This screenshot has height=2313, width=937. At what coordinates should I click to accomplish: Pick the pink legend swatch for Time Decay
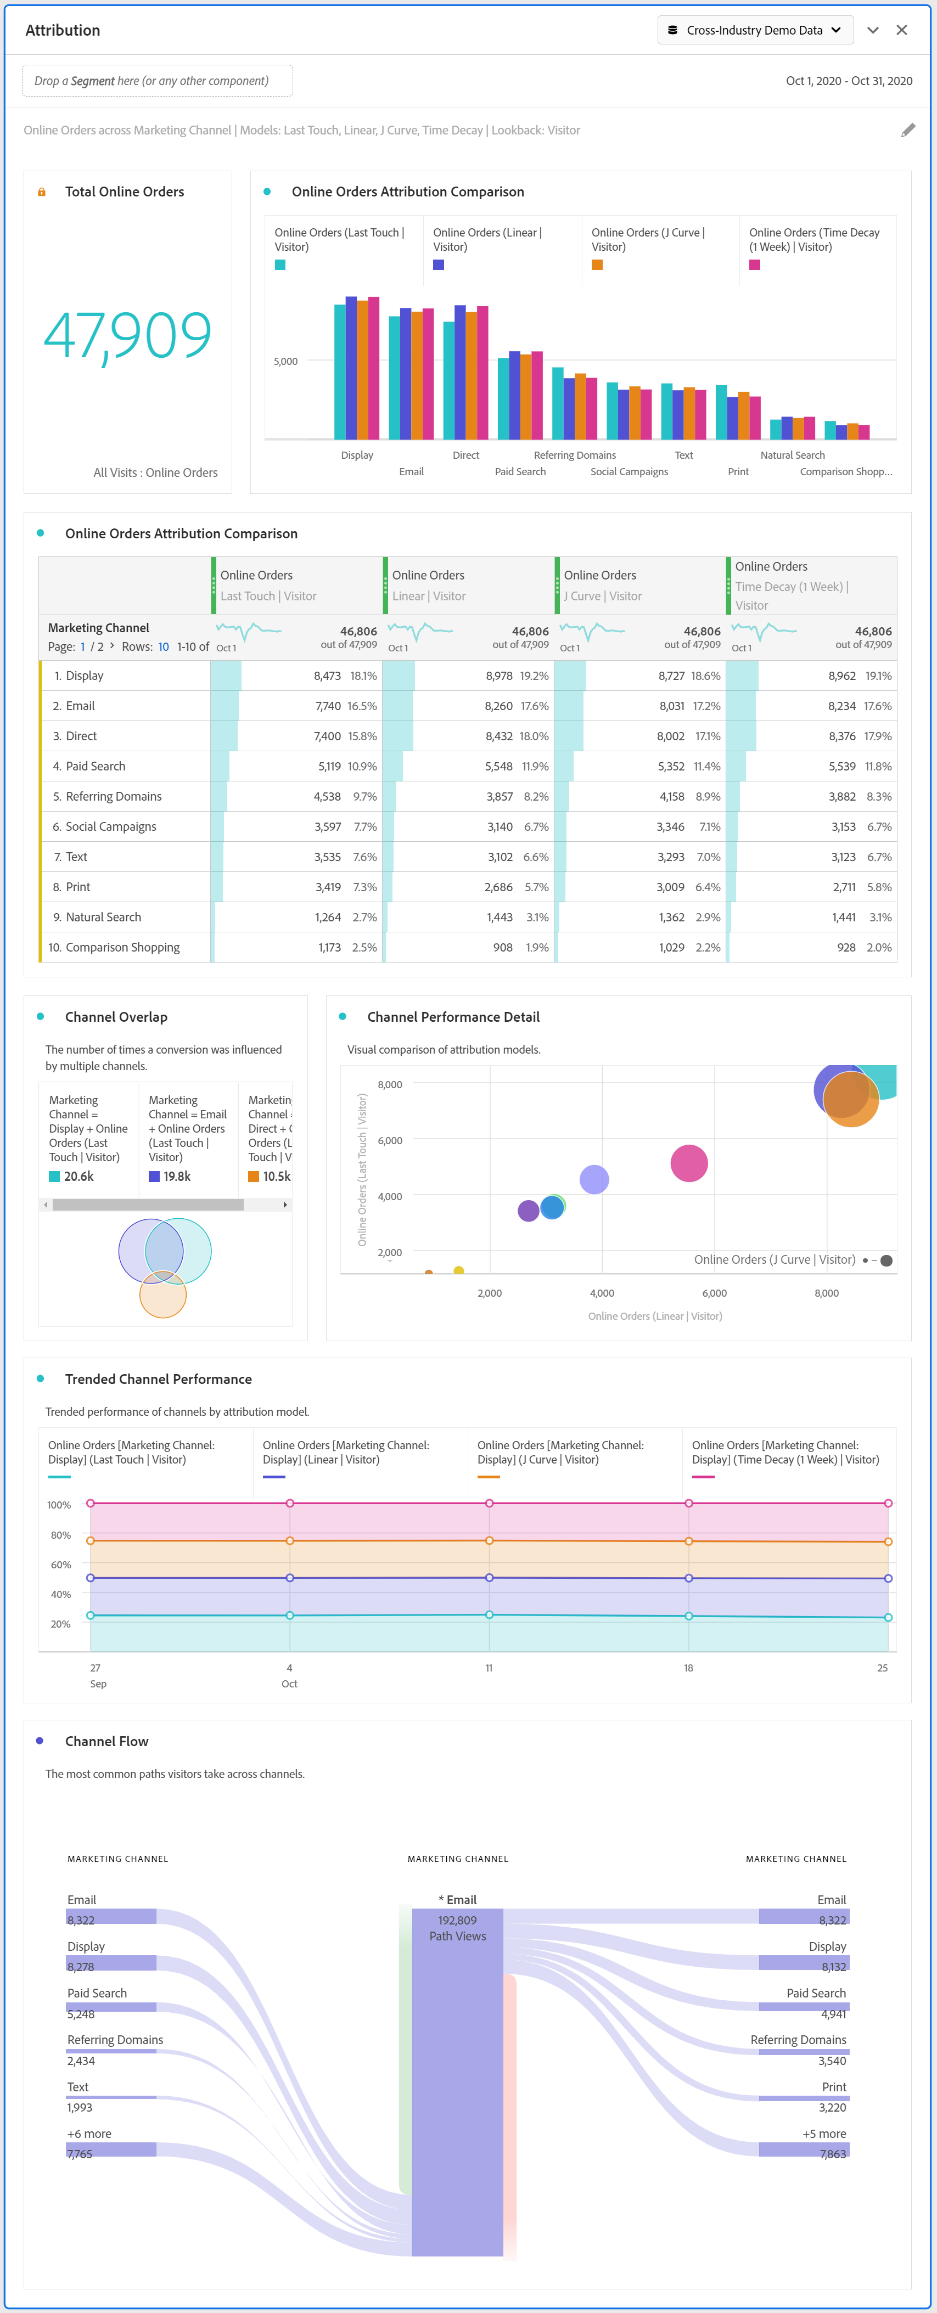[755, 265]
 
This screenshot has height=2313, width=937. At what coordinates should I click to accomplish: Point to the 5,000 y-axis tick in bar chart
[285, 362]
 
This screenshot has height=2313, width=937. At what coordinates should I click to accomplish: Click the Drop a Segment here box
[157, 81]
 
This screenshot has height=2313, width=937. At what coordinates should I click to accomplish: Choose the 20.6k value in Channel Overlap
[78, 1176]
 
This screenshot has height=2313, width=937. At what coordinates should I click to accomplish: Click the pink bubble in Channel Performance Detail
[688, 1164]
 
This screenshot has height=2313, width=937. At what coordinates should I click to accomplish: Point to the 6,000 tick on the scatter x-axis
[714, 1293]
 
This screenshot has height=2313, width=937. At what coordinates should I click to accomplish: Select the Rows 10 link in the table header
[164, 646]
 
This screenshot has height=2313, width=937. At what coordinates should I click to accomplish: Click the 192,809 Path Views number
[457, 1921]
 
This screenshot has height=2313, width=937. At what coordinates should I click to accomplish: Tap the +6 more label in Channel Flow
[89, 2134]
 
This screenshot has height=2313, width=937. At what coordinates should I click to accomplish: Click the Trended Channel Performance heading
[158, 1379]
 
